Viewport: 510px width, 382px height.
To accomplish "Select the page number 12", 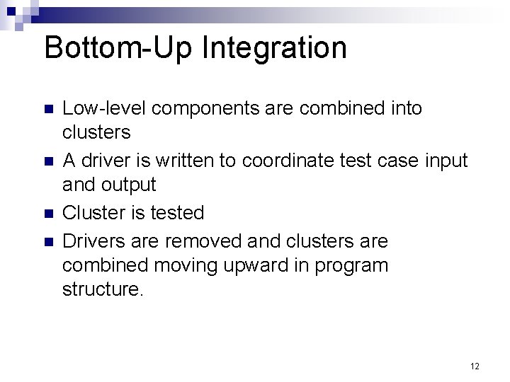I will click(475, 366).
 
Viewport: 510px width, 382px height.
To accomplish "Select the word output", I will click(130, 186).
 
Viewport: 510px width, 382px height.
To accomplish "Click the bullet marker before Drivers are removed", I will click(48, 241).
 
